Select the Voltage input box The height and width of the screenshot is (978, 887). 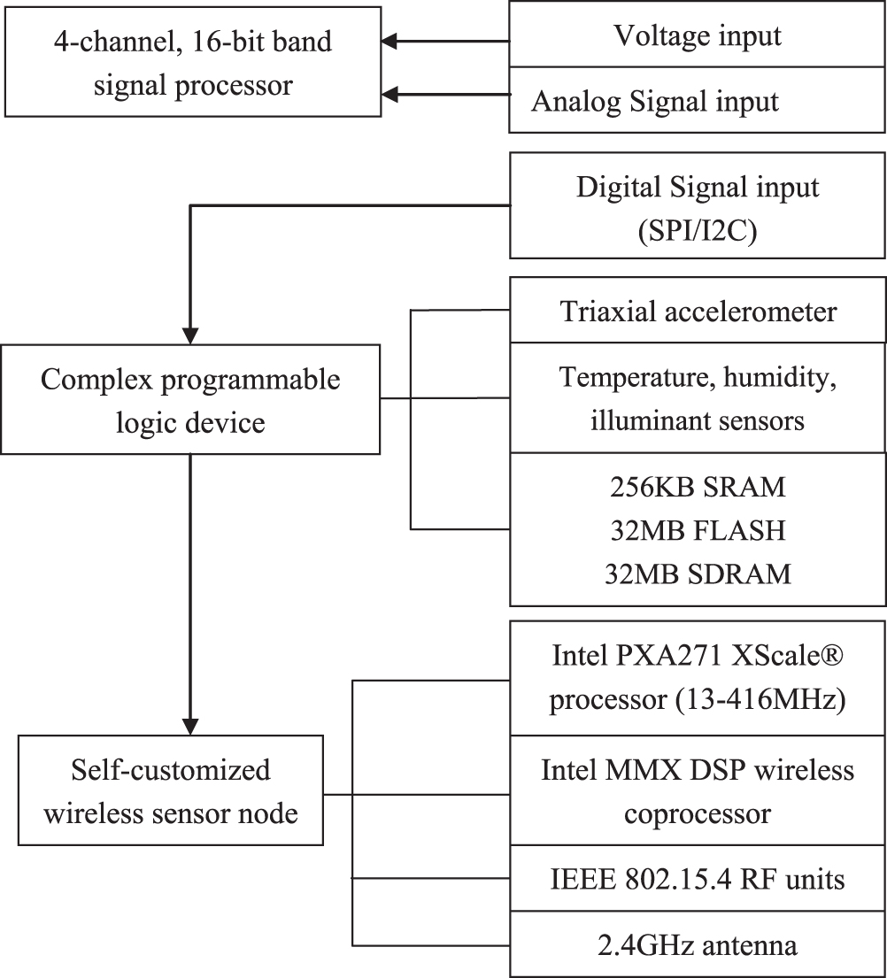coord(698,35)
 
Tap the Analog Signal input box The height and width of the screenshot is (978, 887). coord(698,101)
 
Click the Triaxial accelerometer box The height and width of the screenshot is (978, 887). coord(698,312)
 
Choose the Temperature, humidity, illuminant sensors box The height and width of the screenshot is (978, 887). coord(698,398)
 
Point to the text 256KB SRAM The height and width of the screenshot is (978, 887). coord(698,488)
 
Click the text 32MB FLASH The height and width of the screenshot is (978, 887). coord(698,530)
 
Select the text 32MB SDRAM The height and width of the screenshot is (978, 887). coord(698,573)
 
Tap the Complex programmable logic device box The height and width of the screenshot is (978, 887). coord(190,401)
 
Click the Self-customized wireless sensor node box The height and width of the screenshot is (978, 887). coord(170,791)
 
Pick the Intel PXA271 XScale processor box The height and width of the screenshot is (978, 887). coord(698,679)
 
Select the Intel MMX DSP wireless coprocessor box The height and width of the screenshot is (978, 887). coord(698,791)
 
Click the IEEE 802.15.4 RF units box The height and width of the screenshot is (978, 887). coord(698,879)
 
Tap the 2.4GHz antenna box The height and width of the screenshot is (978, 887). coord(698,944)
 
